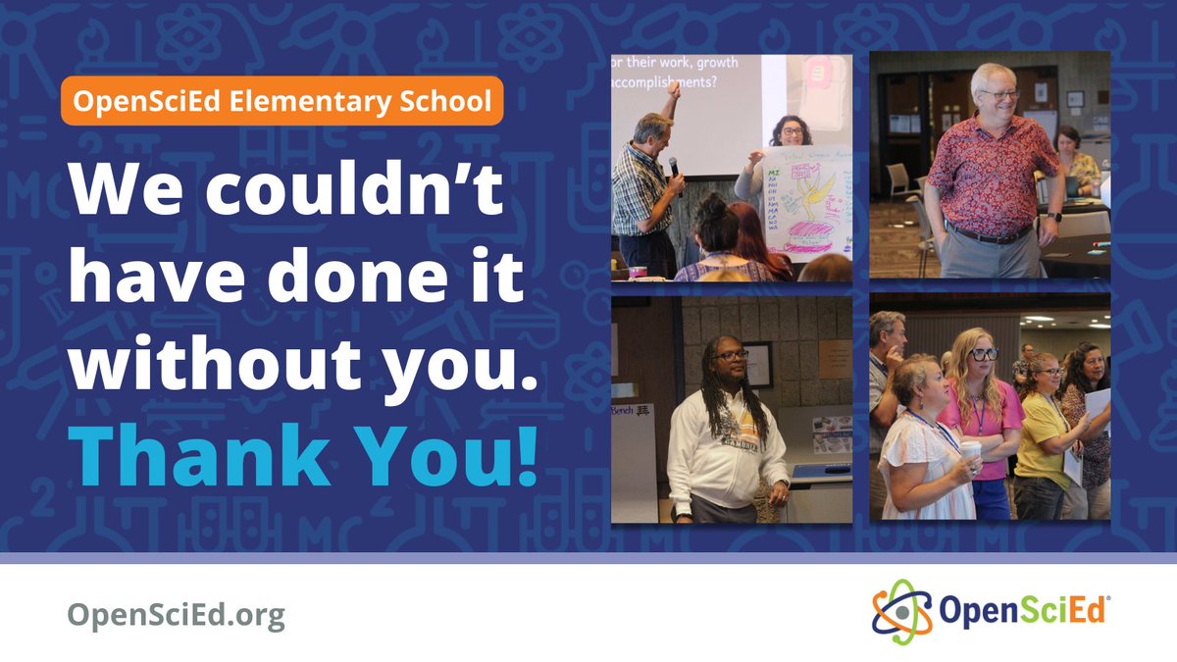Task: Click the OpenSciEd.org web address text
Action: (176, 615)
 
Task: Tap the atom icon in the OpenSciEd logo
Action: (896, 607)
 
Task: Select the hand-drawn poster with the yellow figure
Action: (801, 201)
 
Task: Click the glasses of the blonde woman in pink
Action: (984, 354)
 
